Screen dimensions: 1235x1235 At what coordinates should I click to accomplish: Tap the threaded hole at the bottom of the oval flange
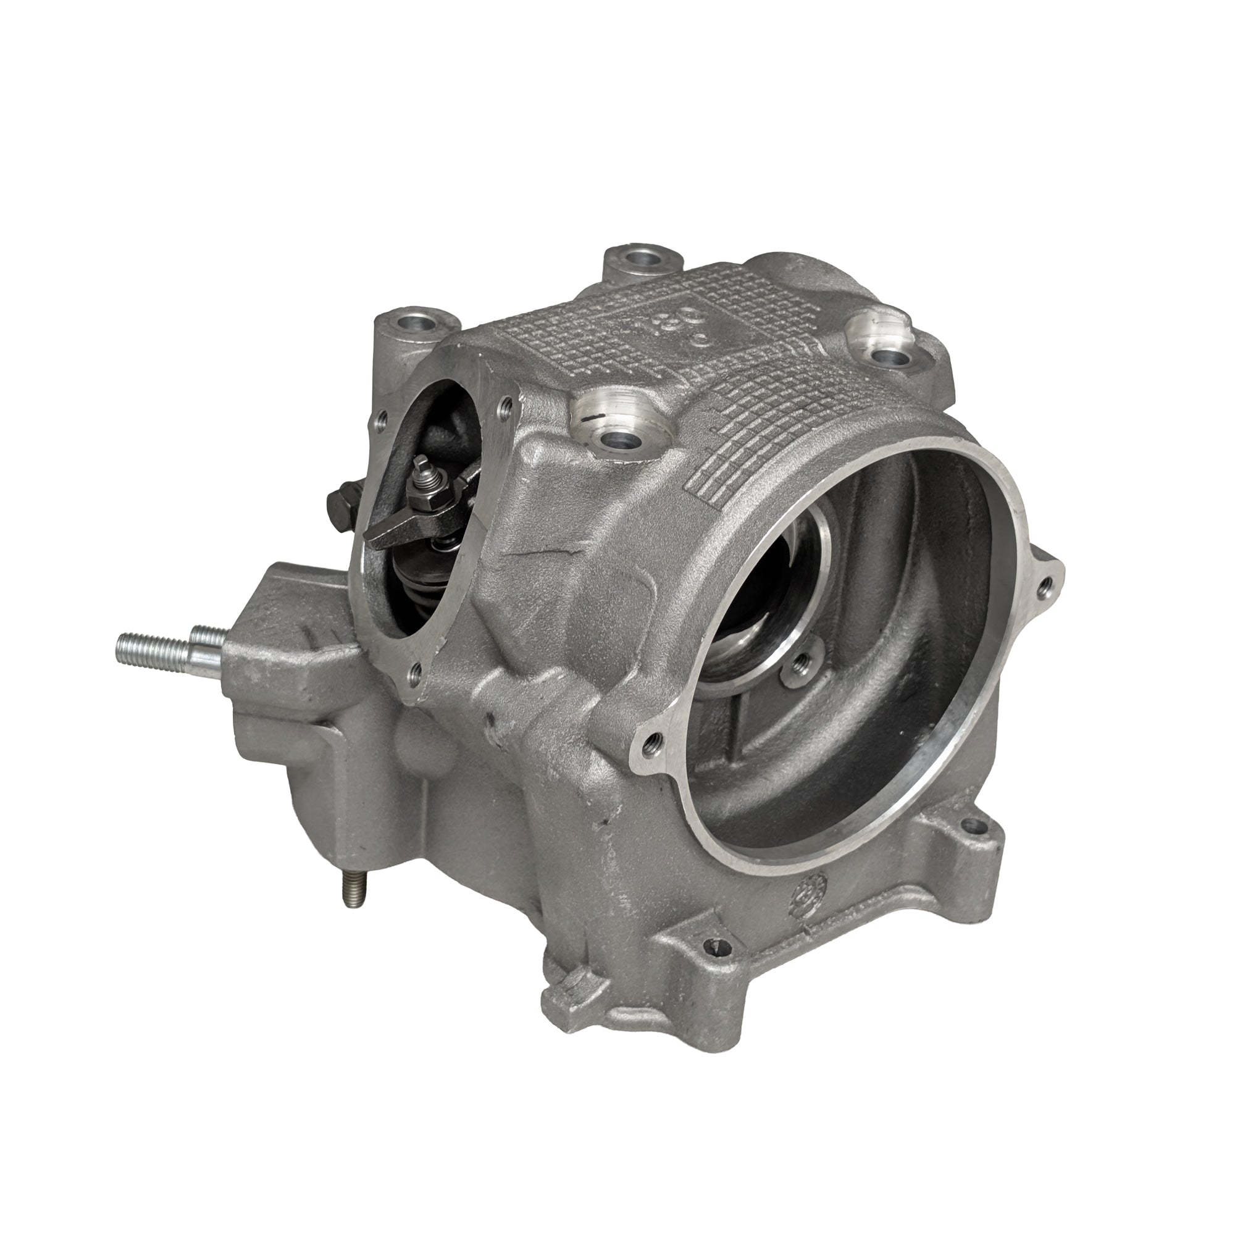pos(417,671)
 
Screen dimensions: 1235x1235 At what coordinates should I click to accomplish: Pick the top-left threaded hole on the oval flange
pos(382,419)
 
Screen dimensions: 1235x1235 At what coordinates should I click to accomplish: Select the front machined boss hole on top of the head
pos(618,439)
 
